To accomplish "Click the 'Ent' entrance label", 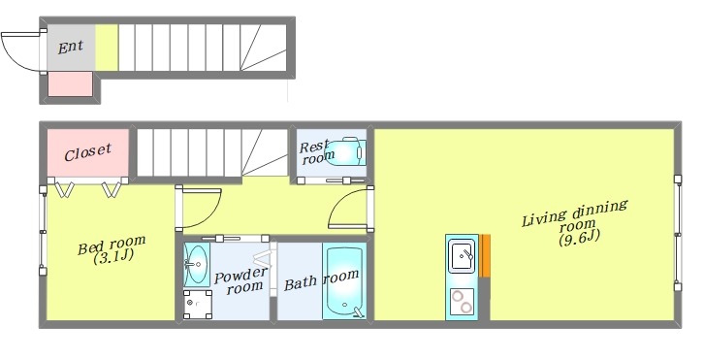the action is point(70,47).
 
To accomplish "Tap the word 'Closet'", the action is point(87,152).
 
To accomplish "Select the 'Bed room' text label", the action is point(112,245).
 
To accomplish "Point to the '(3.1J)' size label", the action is point(113,257).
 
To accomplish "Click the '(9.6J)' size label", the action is point(579,237).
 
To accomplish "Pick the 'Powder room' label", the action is point(241,280).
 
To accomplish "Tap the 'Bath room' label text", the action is point(322,279).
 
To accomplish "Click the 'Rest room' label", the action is point(316,152).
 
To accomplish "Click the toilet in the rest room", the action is point(349,151).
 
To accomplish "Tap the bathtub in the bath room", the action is point(344,280).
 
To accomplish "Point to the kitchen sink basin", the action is point(463,256).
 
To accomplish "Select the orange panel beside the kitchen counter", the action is point(485,255).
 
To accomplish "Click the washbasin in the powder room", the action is point(196,265).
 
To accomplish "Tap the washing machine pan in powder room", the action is point(198,305).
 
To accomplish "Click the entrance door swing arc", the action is point(14,56).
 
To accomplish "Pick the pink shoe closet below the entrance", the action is point(70,84).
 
